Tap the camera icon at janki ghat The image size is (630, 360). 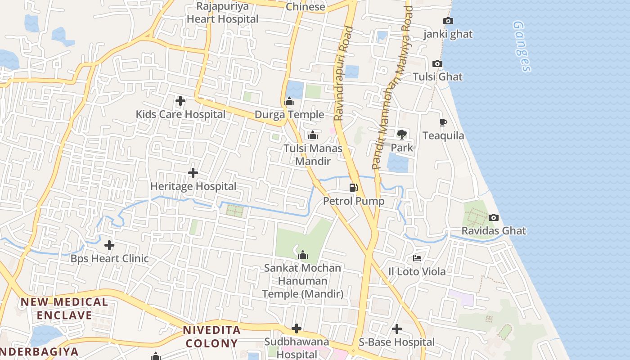click(x=448, y=21)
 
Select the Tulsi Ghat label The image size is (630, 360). click(x=437, y=76)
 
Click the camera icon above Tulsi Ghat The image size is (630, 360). click(x=437, y=64)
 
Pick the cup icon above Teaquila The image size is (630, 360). click(x=443, y=122)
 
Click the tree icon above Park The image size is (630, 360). click(x=401, y=134)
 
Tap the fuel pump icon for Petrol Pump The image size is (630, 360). click(x=354, y=187)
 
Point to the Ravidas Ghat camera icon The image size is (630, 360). click(x=493, y=218)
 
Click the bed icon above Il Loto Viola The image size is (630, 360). click(x=417, y=258)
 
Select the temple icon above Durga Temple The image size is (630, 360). click(x=289, y=102)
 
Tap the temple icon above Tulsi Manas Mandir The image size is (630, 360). click(x=312, y=135)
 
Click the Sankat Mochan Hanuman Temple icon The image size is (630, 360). click(x=303, y=255)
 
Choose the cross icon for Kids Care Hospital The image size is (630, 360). click(x=180, y=101)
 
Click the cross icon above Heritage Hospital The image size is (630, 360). click(x=193, y=173)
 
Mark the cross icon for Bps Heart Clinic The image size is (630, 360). click(x=109, y=245)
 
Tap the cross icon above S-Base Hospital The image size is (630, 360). click(x=396, y=329)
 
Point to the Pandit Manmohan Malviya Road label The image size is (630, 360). click(x=393, y=88)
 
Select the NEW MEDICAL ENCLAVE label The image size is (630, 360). click(x=64, y=308)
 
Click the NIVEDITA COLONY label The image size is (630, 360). click(x=211, y=337)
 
